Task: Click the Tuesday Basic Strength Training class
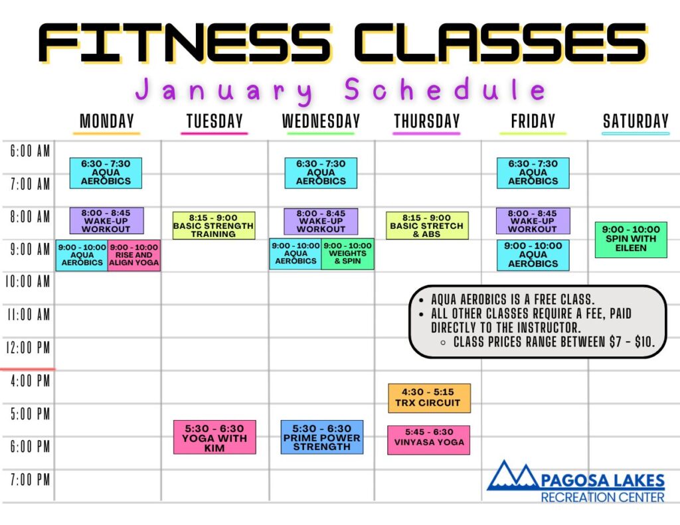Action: (214, 226)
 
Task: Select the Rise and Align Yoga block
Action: (134, 256)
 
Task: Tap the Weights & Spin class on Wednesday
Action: (347, 254)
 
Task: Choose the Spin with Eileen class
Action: (631, 240)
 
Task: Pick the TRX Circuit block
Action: (430, 398)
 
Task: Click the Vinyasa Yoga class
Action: (429, 440)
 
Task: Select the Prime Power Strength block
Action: (322, 437)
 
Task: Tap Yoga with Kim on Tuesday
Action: (214, 437)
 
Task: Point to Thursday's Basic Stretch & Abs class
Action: (427, 226)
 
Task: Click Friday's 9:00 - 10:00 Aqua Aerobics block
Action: (533, 255)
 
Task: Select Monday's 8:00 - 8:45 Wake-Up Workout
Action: (106, 220)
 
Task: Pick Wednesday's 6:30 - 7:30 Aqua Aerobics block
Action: (321, 173)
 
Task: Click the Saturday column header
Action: (636, 121)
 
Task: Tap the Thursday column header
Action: (427, 121)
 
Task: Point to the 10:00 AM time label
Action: (27, 282)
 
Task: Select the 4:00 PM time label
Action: (30, 381)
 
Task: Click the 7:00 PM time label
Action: (30, 480)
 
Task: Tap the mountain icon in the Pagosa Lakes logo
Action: (514, 476)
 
